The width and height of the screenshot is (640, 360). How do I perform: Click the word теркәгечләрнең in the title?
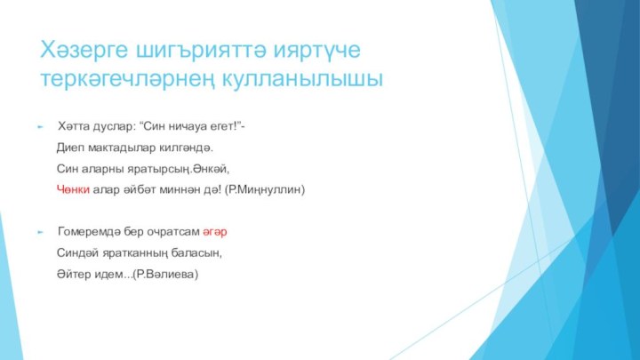point(132,78)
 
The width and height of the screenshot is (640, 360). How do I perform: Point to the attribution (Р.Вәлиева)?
point(166,276)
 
